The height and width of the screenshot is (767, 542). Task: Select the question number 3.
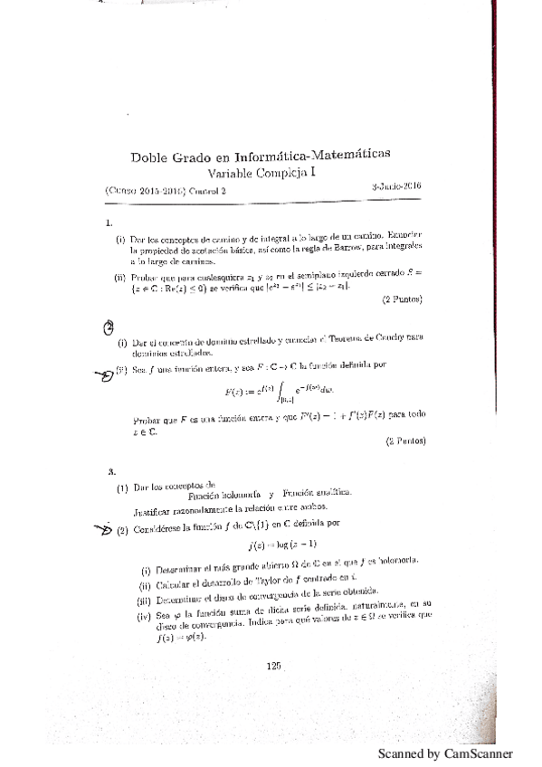(109, 471)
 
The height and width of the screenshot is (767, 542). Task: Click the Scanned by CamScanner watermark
(445, 753)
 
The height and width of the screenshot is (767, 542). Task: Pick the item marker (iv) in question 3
(141, 617)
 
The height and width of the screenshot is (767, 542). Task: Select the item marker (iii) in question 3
(142, 600)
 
